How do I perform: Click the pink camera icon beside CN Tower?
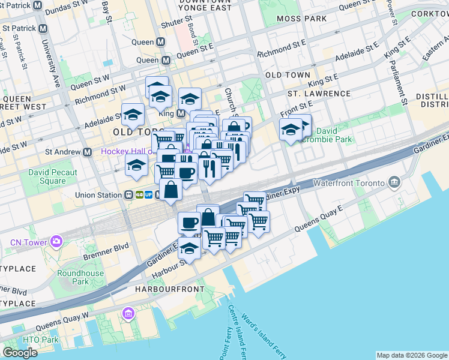click(x=56, y=242)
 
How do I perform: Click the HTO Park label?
click(x=41, y=340)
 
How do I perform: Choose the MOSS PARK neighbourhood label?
click(x=302, y=19)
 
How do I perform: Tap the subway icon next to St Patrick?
click(x=42, y=28)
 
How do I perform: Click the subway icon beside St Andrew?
click(x=88, y=152)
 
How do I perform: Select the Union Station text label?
click(x=98, y=195)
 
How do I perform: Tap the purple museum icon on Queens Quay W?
click(x=128, y=313)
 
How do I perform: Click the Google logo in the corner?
click(x=20, y=353)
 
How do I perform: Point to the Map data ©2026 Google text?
click(x=412, y=355)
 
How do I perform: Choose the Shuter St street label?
click(x=176, y=25)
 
